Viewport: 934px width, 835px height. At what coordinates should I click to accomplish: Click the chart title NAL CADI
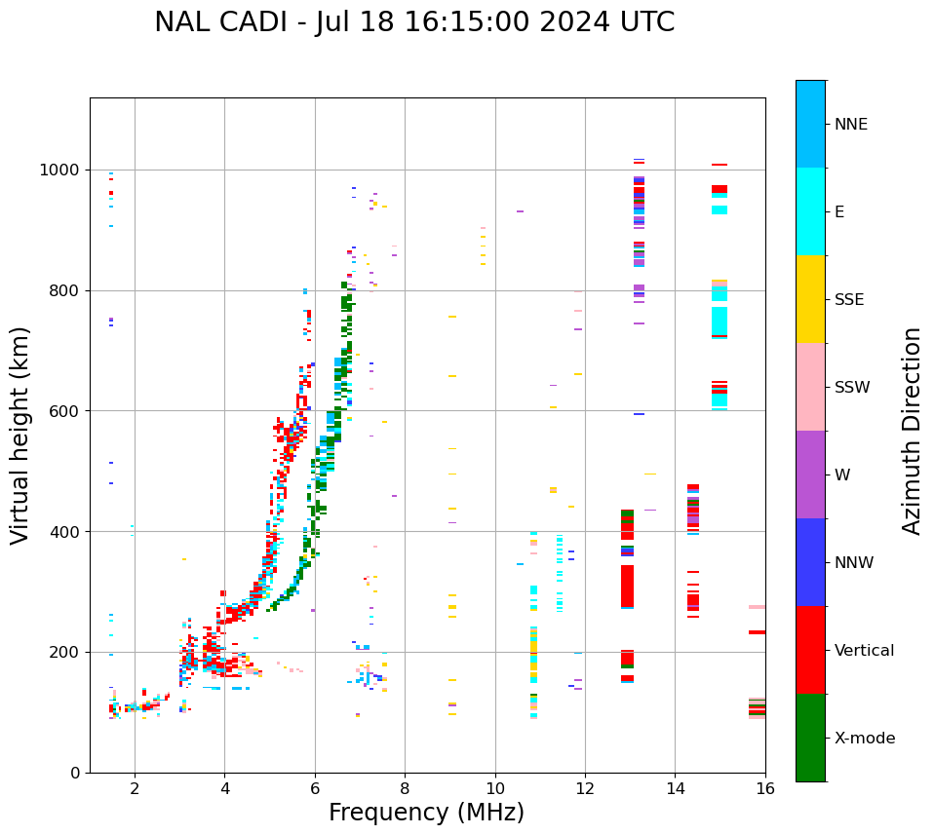click(x=414, y=22)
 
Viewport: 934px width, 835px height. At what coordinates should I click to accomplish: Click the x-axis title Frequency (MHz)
click(x=426, y=813)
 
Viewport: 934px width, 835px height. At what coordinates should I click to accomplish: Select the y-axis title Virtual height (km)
click(x=20, y=436)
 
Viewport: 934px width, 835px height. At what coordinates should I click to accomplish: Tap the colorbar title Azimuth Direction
click(x=912, y=431)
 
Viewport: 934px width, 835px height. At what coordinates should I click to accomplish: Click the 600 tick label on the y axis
click(x=65, y=411)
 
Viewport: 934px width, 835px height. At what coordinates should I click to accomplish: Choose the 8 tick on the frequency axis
click(x=405, y=788)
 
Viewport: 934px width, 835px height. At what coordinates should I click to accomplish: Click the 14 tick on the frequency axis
click(x=676, y=788)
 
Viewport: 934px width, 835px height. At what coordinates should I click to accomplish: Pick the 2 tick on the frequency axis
click(x=135, y=788)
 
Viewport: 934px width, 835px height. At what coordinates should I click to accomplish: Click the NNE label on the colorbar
click(x=850, y=125)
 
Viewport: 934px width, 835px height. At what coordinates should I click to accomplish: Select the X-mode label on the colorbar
click(x=864, y=739)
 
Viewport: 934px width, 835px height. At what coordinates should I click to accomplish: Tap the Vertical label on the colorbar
click(x=864, y=651)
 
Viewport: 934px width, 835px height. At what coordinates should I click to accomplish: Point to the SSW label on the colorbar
click(x=851, y=388)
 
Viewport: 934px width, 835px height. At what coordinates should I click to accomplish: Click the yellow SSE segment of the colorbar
click(x=810, y=299)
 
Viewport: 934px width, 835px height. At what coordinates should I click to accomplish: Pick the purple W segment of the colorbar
click(x=810, y=474)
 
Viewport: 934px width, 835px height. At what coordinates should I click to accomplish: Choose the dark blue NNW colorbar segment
click(x=810, y=562)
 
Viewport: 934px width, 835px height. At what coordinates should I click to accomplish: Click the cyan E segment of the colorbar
click(x=810, y=211)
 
